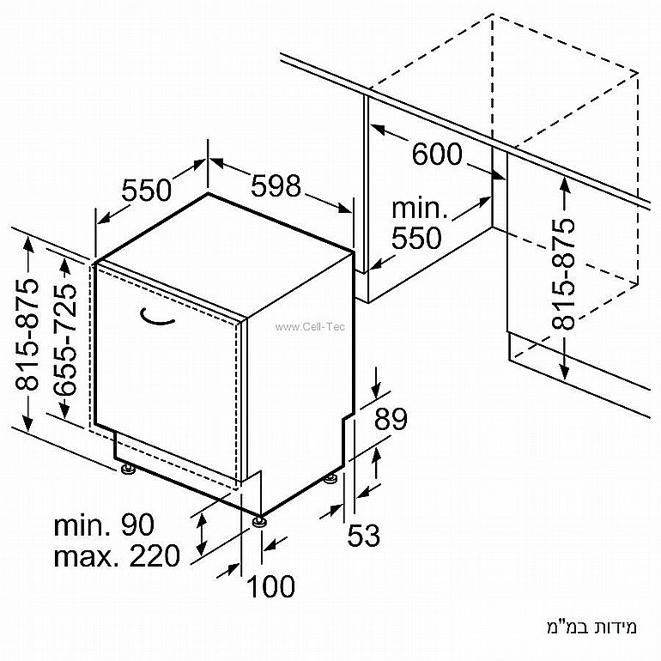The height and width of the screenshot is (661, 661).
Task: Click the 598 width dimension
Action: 276,185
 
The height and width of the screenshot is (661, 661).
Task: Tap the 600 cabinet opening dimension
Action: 437,154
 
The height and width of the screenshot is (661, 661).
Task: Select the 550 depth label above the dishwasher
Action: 147,190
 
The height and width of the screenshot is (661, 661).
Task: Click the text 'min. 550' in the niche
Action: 419,223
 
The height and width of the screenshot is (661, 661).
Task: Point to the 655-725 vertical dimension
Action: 65,339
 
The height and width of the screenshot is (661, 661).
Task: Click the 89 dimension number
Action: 391,419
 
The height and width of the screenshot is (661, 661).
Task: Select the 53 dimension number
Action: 363,535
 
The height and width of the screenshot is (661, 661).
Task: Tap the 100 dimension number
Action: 270,586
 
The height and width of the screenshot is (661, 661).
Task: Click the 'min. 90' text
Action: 104,525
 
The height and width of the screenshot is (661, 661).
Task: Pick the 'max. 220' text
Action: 117,555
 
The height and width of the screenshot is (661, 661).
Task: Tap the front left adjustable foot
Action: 127,469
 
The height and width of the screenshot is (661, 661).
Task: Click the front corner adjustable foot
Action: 259,521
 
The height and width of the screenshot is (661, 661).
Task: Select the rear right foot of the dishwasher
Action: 330,479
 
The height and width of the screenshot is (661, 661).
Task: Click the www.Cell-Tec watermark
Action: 310,327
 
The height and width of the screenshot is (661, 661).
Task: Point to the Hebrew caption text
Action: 591,627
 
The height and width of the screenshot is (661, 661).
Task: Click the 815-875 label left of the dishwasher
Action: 27,334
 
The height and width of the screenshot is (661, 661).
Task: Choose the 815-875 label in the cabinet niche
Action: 563,273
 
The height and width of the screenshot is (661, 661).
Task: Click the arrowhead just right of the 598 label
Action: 344,209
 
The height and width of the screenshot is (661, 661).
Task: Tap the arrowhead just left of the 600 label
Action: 378,130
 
